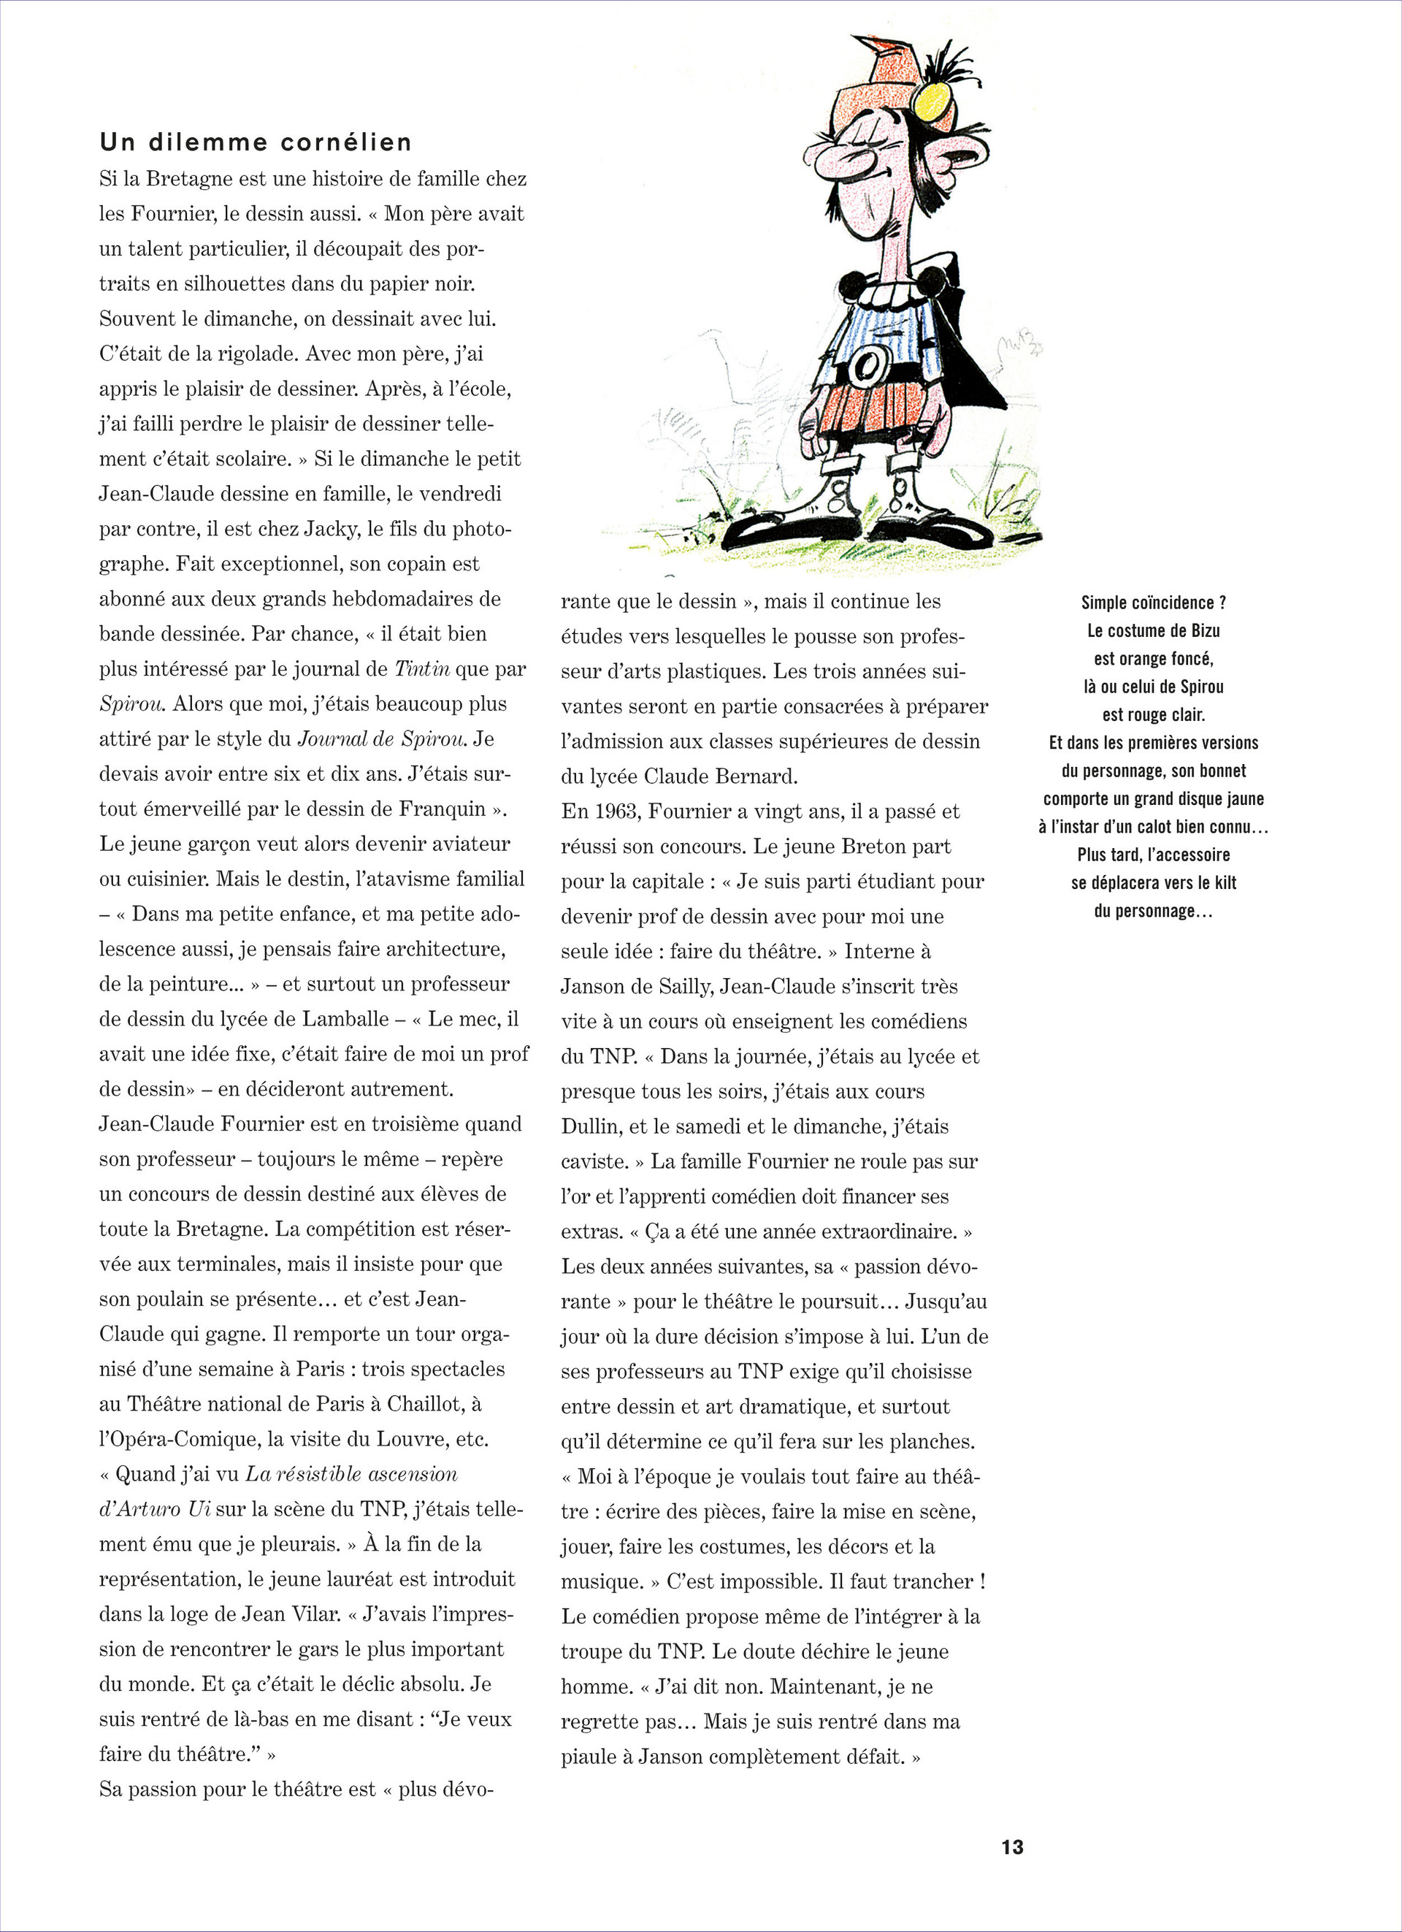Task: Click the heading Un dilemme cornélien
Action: click(256, 142)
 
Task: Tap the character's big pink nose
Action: click(830, 155)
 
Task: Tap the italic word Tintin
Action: click(423, 668)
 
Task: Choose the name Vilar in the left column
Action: click(315, 1614)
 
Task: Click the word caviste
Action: click(592, 1161)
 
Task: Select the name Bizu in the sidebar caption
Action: click(1202, 630)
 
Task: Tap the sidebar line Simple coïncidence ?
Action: click(1153, 603)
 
